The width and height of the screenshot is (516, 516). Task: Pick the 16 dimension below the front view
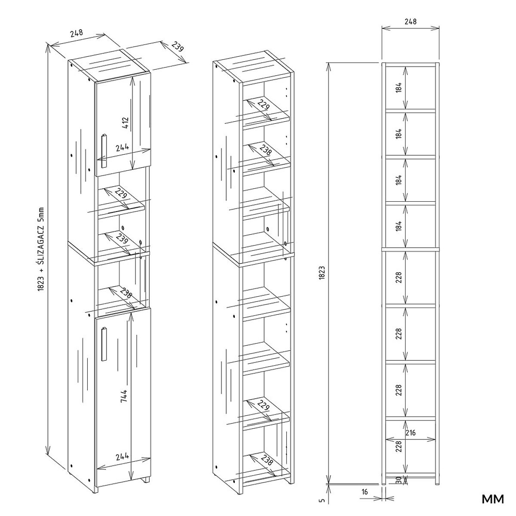point(365,504)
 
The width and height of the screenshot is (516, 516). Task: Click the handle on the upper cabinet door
point(104,151)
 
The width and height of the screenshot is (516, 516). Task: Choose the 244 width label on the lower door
point(123,457)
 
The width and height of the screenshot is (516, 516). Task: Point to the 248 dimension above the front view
point(411,21)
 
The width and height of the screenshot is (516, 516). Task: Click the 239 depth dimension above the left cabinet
point(178,47)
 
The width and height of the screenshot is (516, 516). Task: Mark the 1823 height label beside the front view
point(322,273)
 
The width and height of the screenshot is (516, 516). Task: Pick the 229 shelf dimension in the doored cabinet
point(121,194)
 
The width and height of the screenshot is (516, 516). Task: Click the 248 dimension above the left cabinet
point(77,33)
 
